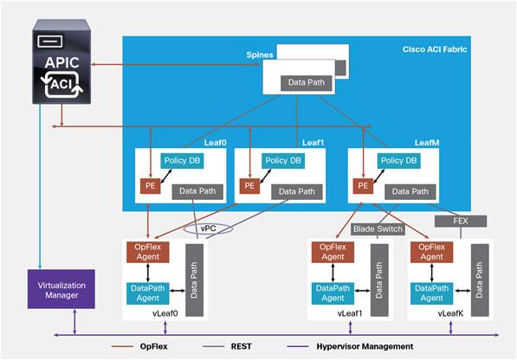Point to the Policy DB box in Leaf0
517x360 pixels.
pos(183,161)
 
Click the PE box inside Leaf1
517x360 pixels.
pos(250,184)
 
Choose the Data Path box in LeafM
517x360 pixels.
pos(406,190)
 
